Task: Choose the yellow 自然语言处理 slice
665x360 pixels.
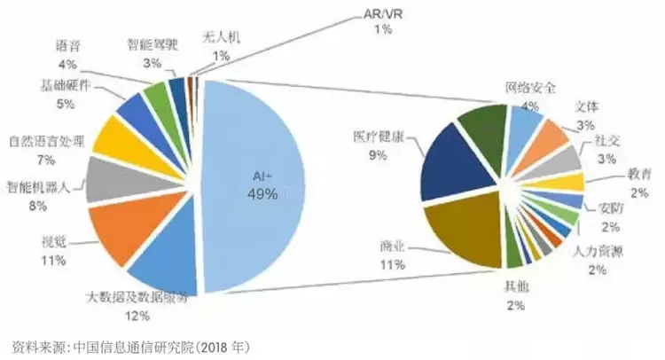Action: point(114,138)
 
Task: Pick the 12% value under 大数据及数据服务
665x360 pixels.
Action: point(137,314)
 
